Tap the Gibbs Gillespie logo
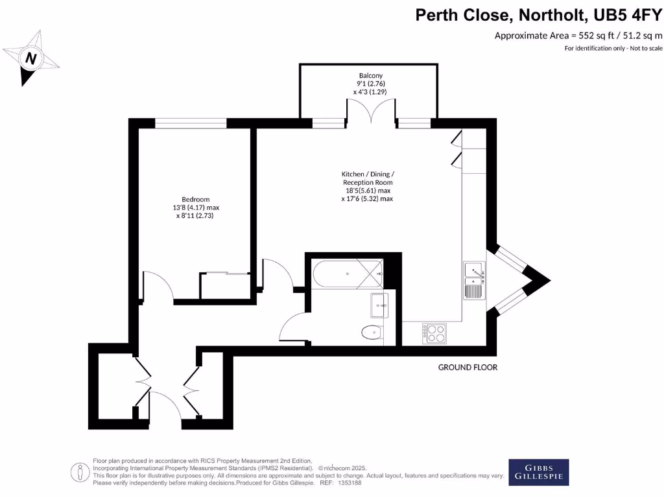pos(538,472)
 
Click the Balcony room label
pos(370,75)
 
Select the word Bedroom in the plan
pos(195,199)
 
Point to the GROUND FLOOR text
pos(468,368)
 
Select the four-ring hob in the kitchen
pos(434,333)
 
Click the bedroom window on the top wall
pos(191,123)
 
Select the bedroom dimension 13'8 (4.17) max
pos(195,207)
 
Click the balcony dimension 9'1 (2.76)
pos(371,84)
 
